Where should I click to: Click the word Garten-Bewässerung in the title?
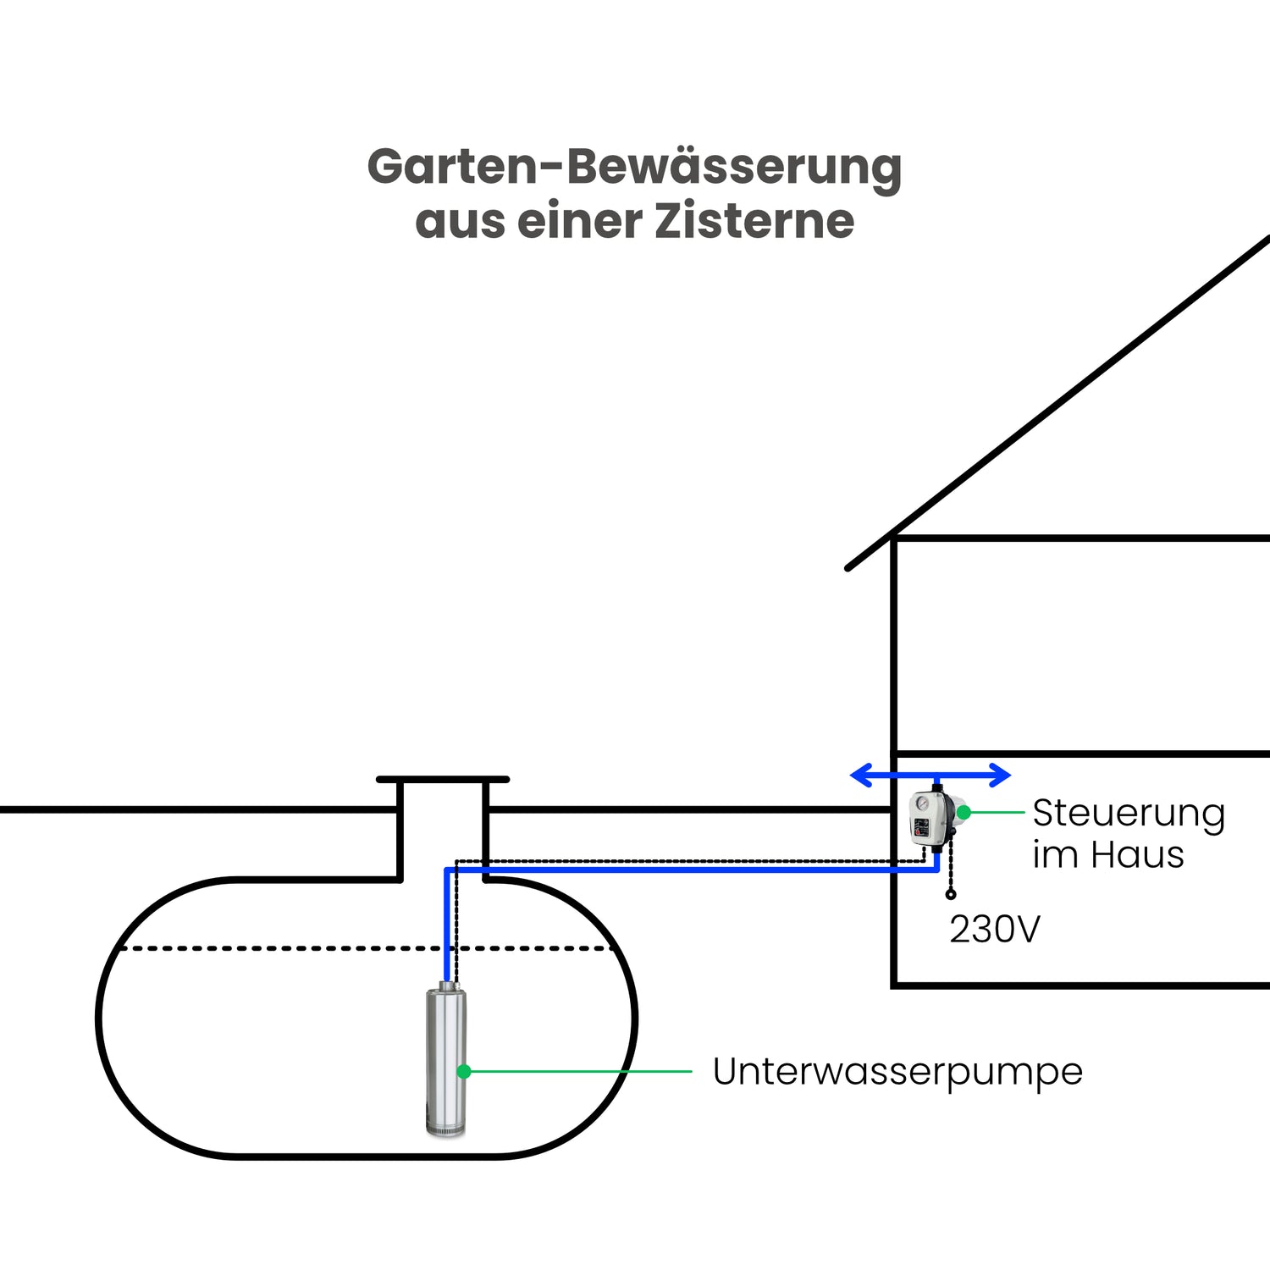pos(634,168)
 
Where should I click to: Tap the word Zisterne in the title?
pos(754,221)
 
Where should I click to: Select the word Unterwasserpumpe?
pos(897,1072)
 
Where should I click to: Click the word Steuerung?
pos(1129,814)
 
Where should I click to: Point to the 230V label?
pos(995,929)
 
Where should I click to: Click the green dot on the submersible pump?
pos(463,1072)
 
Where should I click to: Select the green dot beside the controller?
pos(964,813)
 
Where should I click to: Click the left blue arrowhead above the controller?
pos(861,775)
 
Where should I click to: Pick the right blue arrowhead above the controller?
pos(1000,775)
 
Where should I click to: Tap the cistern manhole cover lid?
pos(443,779)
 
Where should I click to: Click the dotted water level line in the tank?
pos(367,948)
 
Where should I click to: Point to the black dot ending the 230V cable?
pos(951,895)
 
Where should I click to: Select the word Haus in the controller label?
pos(1137,855)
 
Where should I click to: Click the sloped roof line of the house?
pos(1058,402)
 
